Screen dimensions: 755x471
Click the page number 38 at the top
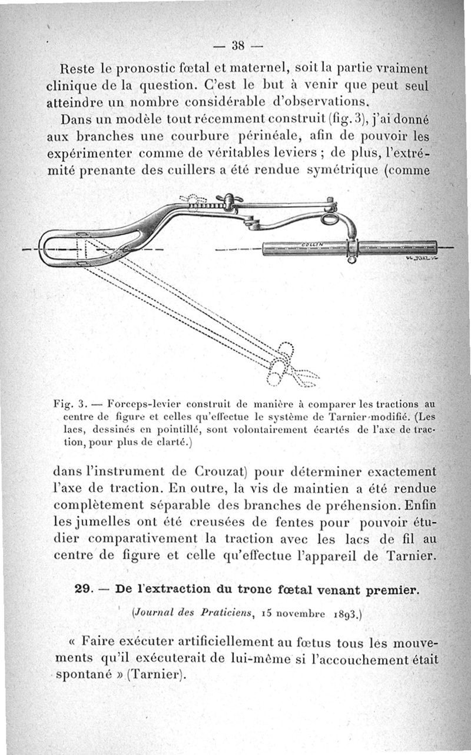point(238,45)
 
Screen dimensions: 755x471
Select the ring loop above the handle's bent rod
point(329,219)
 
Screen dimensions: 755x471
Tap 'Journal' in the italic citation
point(152,614)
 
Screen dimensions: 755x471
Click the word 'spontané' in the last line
point(79,674)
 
